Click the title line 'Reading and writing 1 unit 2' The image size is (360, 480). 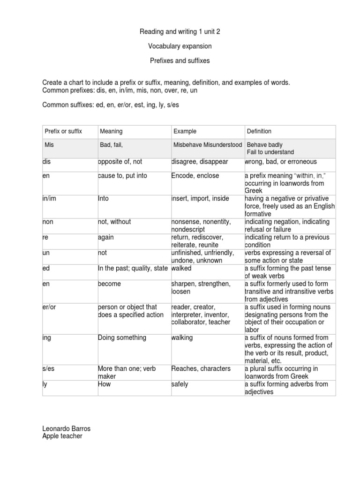[180, 32]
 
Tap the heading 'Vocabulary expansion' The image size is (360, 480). [180, 46]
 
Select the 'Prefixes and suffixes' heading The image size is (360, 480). [180, 61]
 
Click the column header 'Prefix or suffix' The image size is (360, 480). [63, 131]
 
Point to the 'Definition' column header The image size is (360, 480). [259, 131]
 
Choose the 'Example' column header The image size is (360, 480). [185, 131]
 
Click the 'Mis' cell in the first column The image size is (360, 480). [49, 145]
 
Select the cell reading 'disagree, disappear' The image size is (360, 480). [200, 162]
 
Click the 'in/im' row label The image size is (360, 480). [48, 199]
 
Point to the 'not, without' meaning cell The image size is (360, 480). [114, 222]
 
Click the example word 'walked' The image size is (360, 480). [181, 268]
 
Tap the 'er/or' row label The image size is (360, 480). [49, 307]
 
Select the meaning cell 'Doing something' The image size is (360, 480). [122, 337]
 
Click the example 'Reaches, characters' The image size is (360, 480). [201, 368]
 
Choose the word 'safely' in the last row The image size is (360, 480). [180, 384]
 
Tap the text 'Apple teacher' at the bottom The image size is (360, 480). [62, 436]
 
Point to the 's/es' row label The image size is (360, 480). [49, 368]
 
